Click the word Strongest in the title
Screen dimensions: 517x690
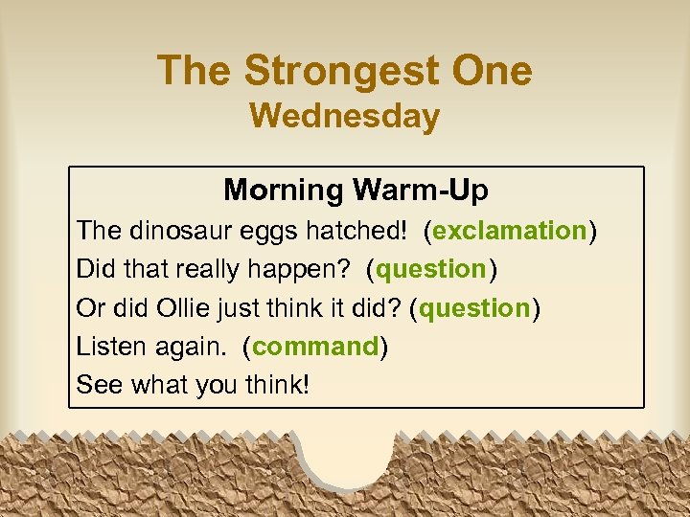click(340, 72)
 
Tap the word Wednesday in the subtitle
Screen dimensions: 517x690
click(344, 117)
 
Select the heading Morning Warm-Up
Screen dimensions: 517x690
click(356, 191)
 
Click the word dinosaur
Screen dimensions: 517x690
click(172, 231)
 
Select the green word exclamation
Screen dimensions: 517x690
click(510, 231)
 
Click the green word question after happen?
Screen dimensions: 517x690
click(432, 270)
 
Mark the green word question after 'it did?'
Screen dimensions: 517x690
click(475, 308)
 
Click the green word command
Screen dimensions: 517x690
click(316, 347)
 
